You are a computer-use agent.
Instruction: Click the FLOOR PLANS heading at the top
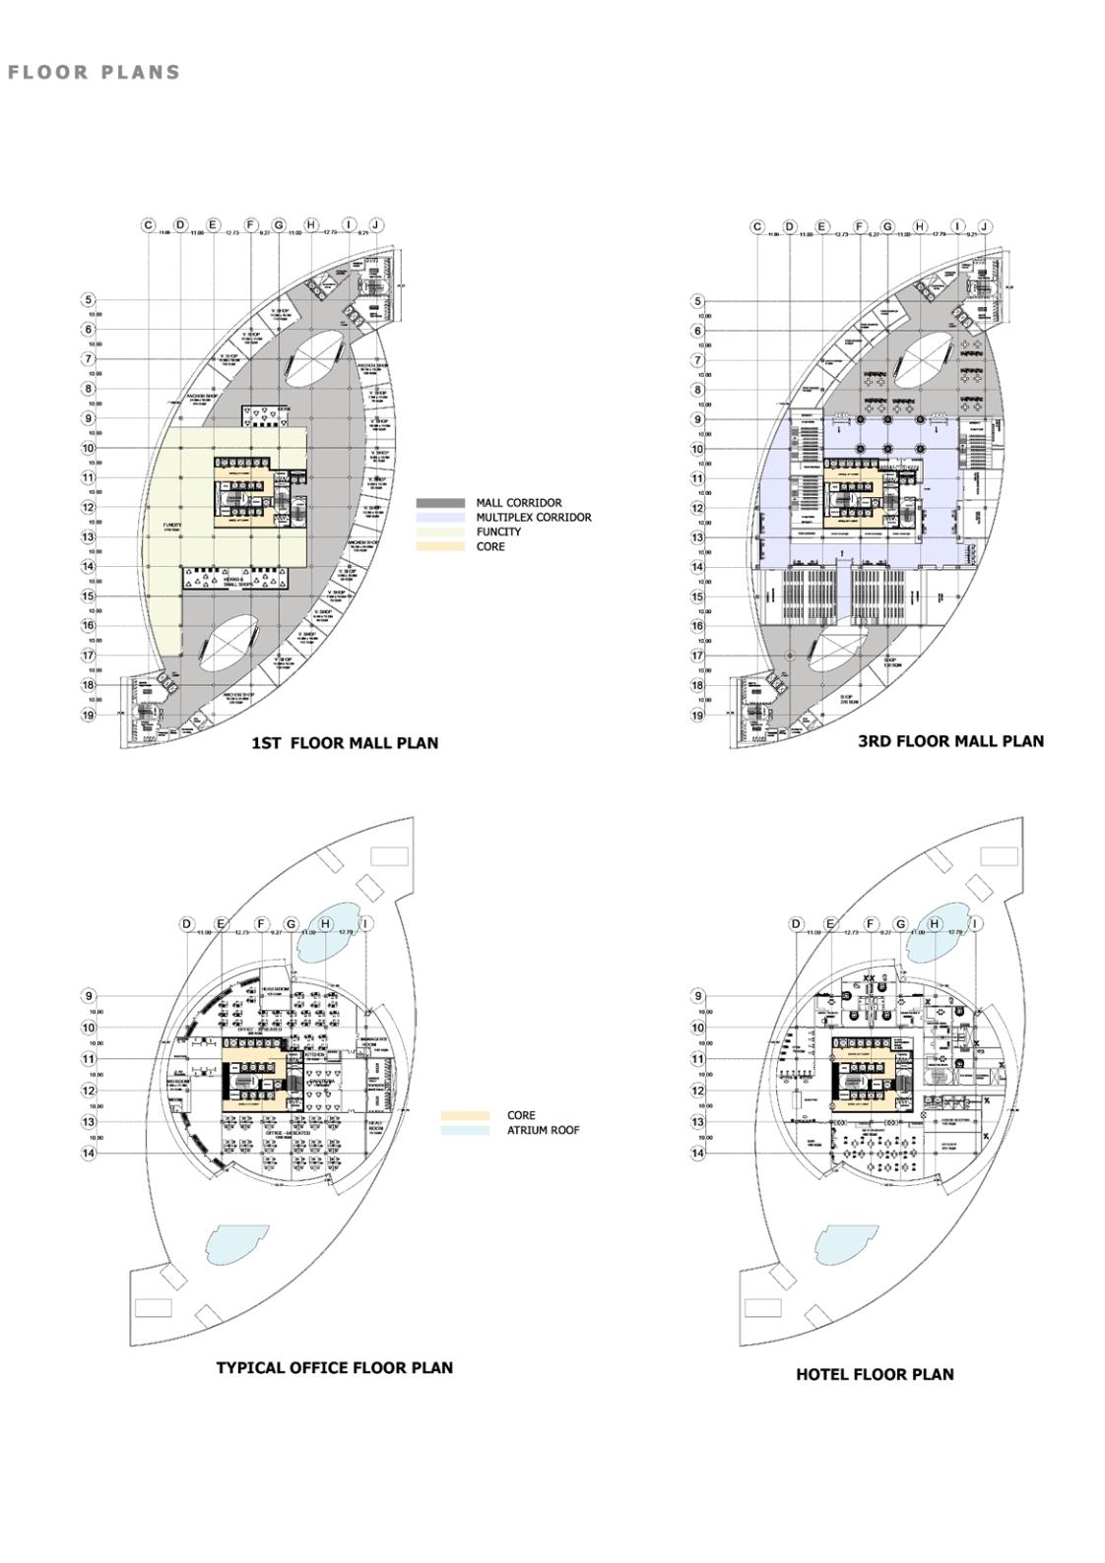point(94,72)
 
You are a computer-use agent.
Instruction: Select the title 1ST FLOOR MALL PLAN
point(345,743)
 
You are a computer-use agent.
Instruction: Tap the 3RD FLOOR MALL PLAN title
point(950,741)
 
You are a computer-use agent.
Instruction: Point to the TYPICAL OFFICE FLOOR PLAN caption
point(334,1367)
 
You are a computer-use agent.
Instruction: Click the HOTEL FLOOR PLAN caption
point(875,1374)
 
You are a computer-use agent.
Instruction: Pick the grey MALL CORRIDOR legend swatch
point(440,503)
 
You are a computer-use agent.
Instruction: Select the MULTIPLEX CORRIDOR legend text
point(534,517)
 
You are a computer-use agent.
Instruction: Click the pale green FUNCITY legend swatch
point(440,531)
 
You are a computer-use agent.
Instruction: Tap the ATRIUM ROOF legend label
point(543,1130)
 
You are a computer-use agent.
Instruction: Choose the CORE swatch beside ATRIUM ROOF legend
point(465,1116)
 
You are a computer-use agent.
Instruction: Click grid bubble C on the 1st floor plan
point(149,225)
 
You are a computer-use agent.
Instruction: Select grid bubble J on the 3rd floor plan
point(985,226)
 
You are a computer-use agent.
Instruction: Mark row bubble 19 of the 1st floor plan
point(89,715)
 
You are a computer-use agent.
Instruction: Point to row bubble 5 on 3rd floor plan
point(698,301)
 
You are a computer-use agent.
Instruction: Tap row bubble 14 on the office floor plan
point(89,1153)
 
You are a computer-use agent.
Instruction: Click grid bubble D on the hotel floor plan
point(797,924)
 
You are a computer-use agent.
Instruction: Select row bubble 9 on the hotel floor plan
point(698,996)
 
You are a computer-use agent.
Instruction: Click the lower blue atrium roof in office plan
point(235,1245)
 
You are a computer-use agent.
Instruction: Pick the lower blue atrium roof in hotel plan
point(845,1245)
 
